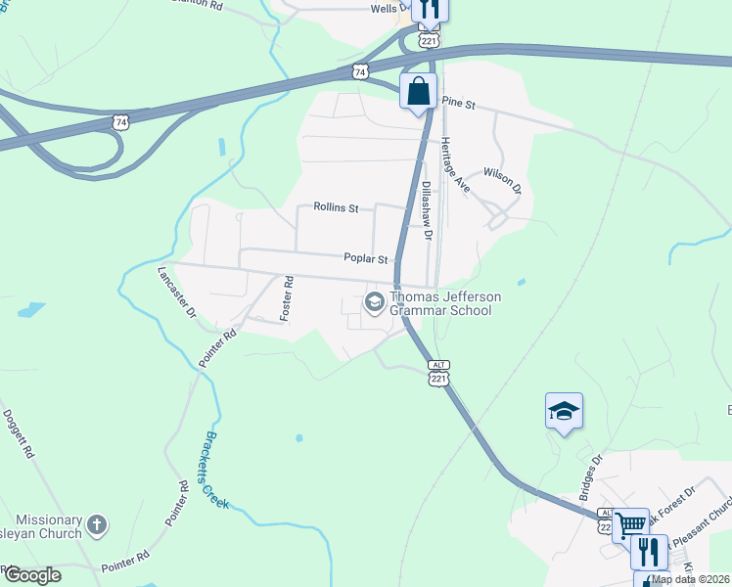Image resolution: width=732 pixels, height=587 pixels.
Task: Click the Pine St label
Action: [x=457, y=102]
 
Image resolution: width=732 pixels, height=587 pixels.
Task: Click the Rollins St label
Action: [x=337, y=207]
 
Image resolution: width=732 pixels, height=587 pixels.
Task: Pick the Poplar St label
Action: [x=366, y=259]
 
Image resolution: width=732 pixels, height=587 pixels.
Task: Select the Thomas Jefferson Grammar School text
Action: [x=445, y=303]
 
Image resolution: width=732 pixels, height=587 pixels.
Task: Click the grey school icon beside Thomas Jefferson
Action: [x=374, y=302]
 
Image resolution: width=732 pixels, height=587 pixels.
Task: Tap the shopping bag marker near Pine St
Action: [x=419, y=92]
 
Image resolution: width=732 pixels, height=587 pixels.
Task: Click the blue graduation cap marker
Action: [x=564, y=410]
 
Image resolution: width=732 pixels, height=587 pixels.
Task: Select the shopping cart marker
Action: [x=630, y=524]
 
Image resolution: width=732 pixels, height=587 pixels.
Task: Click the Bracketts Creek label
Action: [x=210, y=470]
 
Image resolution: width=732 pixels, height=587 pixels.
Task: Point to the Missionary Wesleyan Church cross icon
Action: [x=96, y=525]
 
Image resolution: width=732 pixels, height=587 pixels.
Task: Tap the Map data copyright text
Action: [x=690, y=579]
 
